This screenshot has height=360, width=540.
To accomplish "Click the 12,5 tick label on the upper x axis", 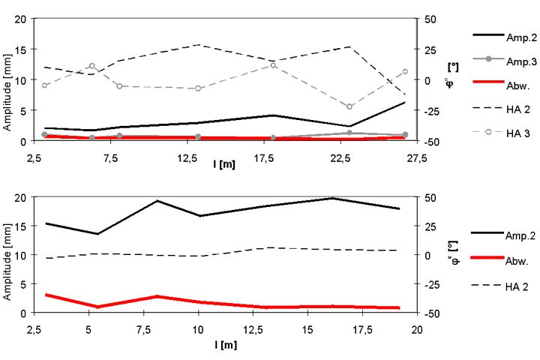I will pyautogui.click(x=187, y=158).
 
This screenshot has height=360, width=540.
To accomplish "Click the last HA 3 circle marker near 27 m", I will pyautogui.click(x=405, y=72).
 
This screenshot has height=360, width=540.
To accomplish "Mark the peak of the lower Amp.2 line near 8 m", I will pyautogui.click(x=157, y=201).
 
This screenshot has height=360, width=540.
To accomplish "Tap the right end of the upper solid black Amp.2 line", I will pyautogui.click(x=405, y=103).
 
